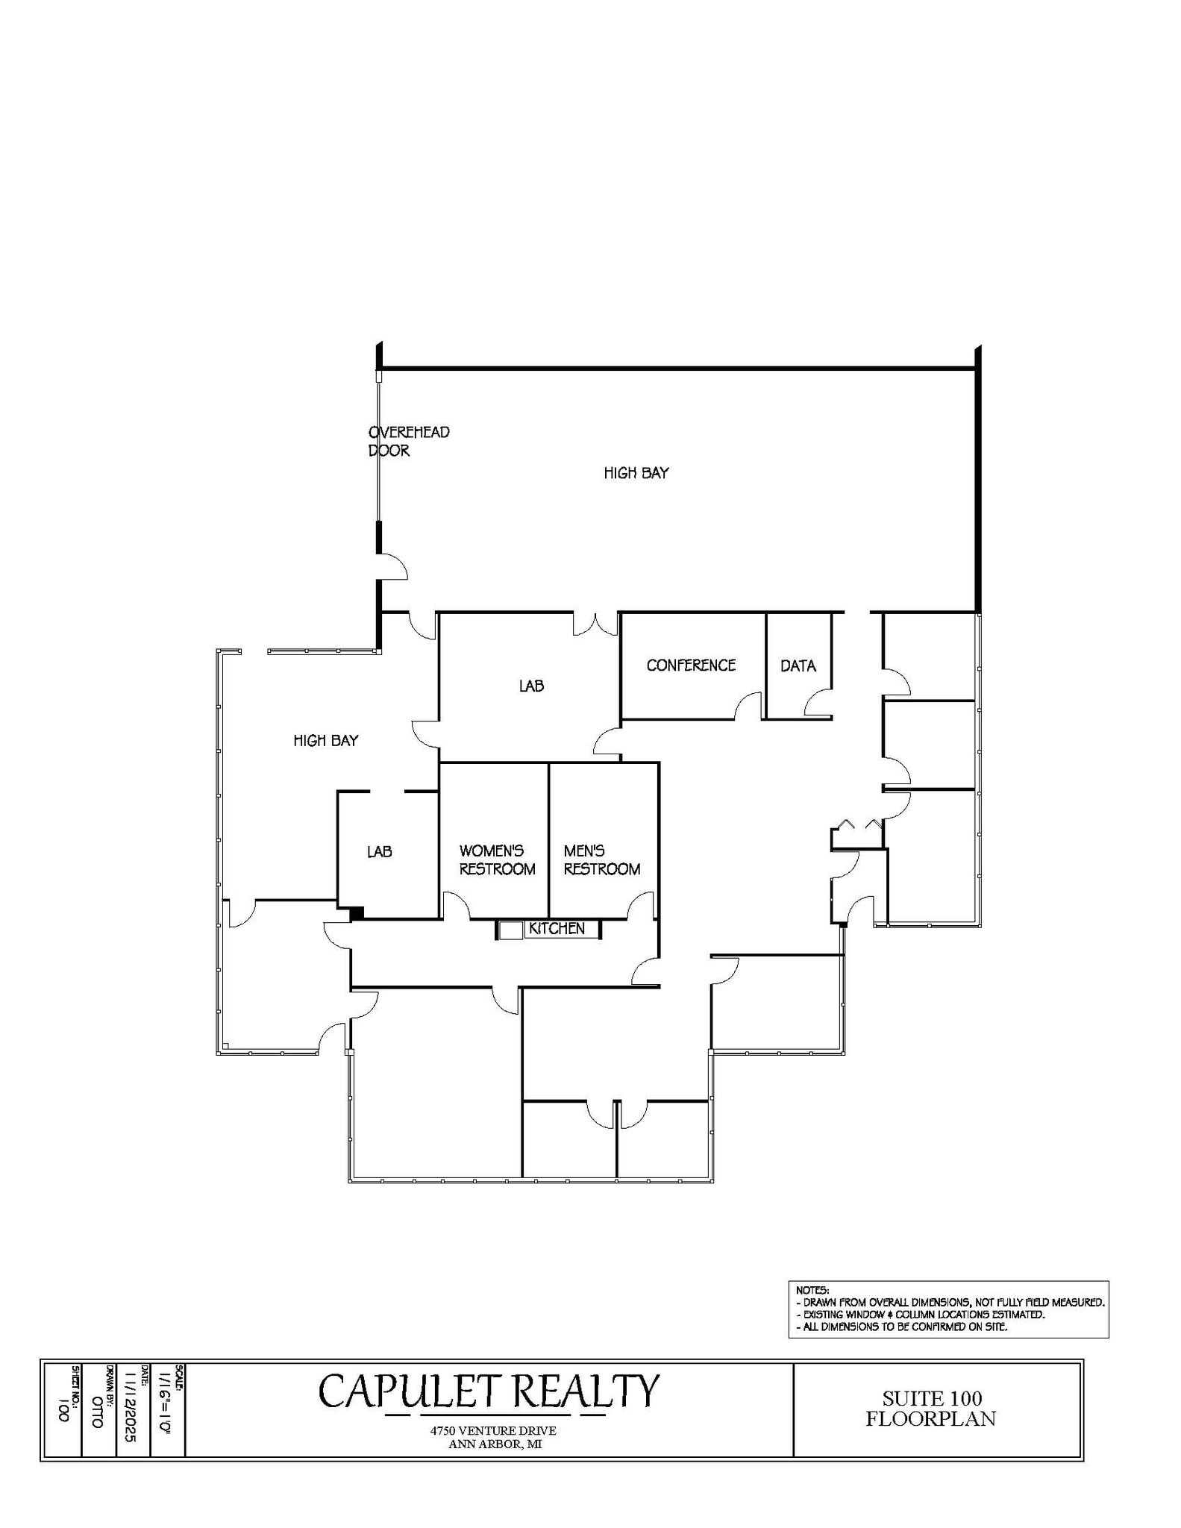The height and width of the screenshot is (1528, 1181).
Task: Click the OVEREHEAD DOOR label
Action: (408, 441)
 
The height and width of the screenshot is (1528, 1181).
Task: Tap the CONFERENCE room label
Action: (691, 665)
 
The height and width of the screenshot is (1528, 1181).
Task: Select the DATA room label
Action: (798, 666)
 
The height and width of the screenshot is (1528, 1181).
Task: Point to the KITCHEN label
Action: (557, 928)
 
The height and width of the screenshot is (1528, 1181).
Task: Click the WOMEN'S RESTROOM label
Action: (497, 859)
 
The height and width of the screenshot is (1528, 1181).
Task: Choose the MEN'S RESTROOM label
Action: (602, 859)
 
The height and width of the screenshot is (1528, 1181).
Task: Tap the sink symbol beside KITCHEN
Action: (511, 930)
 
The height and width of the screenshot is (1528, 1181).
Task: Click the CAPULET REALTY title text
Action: (489, 1391)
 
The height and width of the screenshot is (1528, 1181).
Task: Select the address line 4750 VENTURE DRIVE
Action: (493, 1430)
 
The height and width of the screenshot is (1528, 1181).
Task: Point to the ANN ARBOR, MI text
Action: (495, 1444)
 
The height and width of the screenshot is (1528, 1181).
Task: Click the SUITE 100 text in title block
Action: (932, 1398)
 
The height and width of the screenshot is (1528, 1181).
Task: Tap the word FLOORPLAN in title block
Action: (930, 1418)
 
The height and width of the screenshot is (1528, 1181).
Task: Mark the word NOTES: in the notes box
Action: (812, 1290)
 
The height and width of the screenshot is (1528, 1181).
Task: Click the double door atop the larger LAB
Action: (595, 624)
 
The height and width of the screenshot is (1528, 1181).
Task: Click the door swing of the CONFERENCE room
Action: (748, 706)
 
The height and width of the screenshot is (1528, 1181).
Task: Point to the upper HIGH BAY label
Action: (636, 472)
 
